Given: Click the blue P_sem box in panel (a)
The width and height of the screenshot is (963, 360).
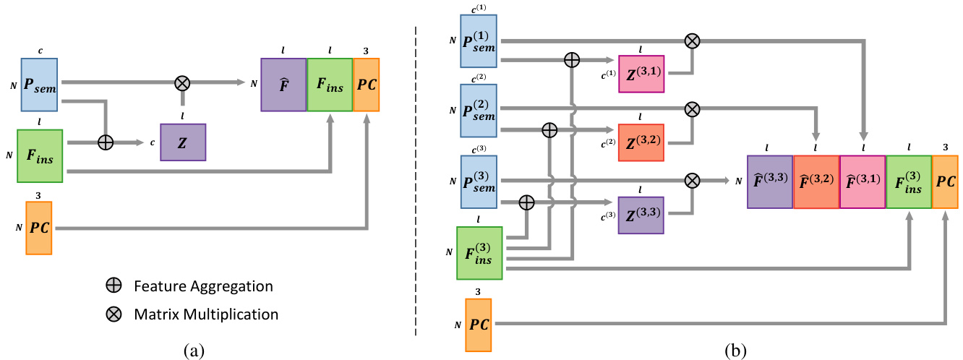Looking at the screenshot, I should pos(42,85).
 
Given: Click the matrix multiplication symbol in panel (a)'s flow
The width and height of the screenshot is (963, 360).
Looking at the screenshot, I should pos(182,83).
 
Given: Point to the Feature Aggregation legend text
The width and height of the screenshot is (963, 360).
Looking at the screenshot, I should pos(203,286).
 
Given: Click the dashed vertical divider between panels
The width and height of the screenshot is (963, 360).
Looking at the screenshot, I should pos(416,181).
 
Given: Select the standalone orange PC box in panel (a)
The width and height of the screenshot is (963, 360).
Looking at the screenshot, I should pos(38,228).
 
